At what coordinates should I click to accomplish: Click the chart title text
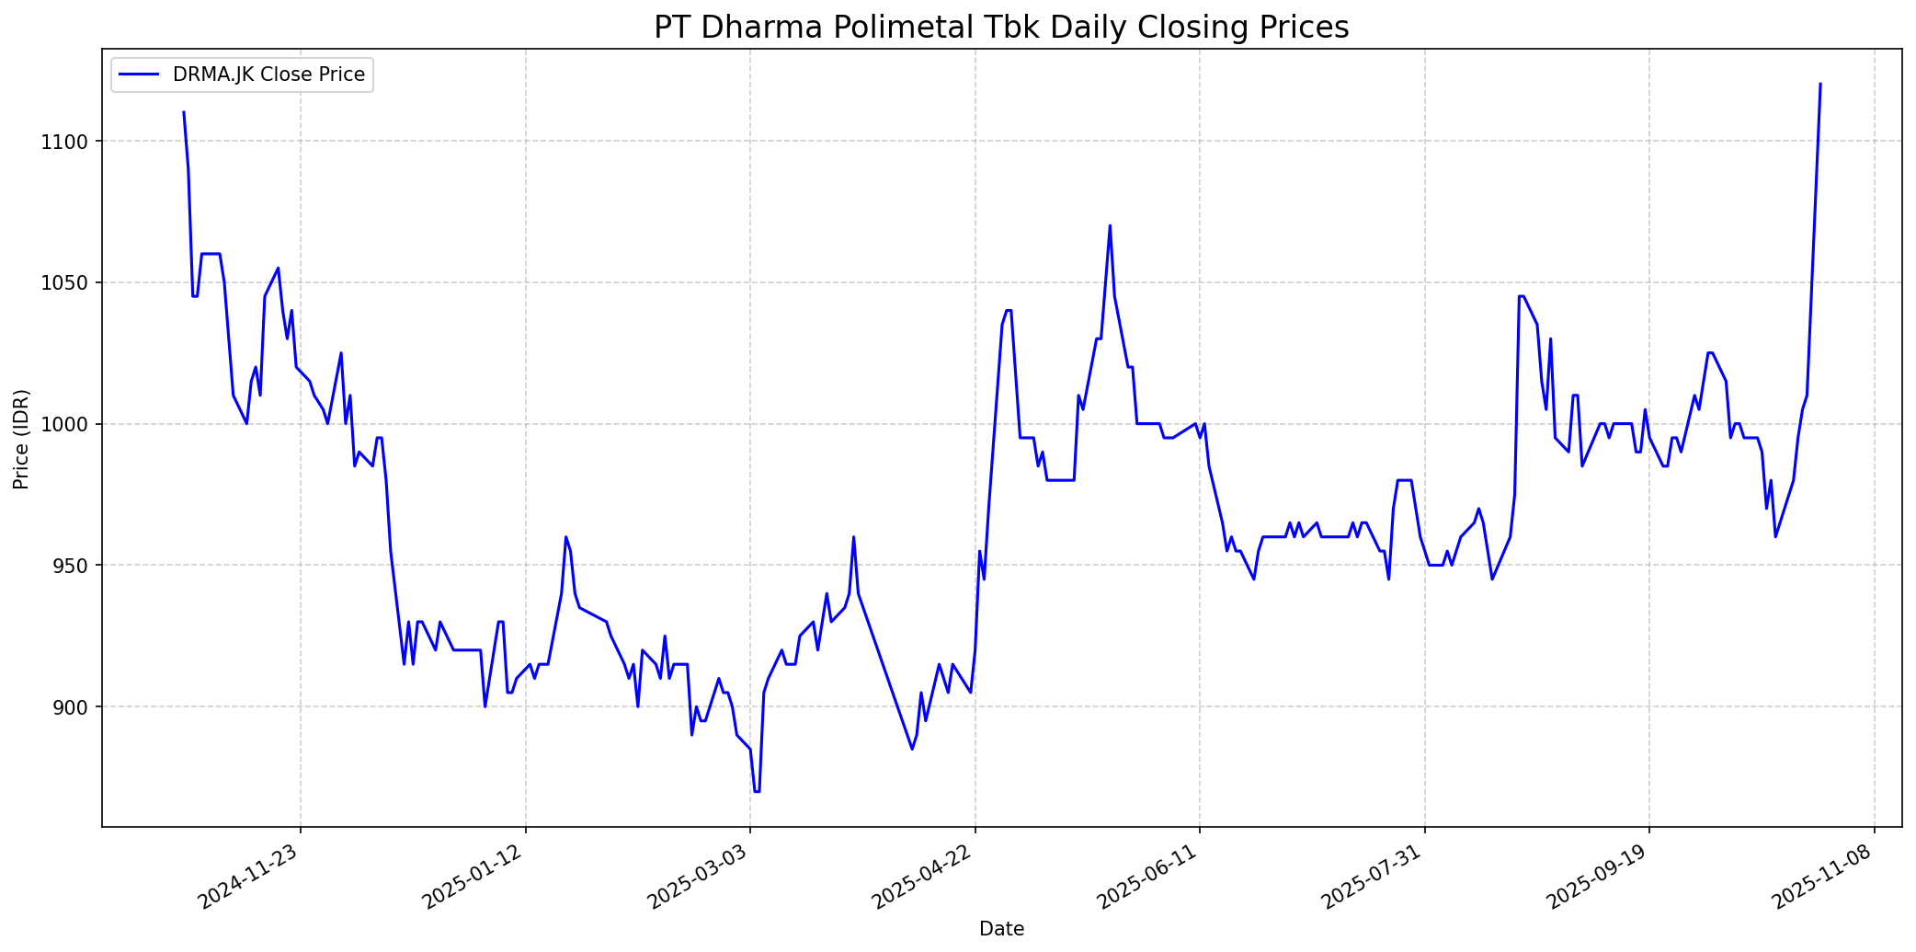click(1001, 28)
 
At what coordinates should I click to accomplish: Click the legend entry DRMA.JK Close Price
click(268, 75)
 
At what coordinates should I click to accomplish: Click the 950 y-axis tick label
click(74, 566)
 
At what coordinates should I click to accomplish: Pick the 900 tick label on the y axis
click(74, 707)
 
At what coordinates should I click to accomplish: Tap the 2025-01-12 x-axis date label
click(474, 877)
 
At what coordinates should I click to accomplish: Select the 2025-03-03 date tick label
click(700, 877)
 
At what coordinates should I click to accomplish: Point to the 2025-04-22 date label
click(924, 877)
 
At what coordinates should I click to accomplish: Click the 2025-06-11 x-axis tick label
click(1149, 877)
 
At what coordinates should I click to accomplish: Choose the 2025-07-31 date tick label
click(1374, 877)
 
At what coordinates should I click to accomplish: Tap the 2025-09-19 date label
click(1599, 877)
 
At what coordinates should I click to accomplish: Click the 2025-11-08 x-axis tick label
click(1823, 877)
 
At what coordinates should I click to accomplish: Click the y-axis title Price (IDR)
click(22, 439)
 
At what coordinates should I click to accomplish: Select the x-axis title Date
click(1001, 929)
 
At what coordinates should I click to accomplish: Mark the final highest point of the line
click(1820, 84)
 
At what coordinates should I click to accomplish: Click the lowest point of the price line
click(757, 791)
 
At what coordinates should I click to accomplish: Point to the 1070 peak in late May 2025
click(1110, 225)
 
